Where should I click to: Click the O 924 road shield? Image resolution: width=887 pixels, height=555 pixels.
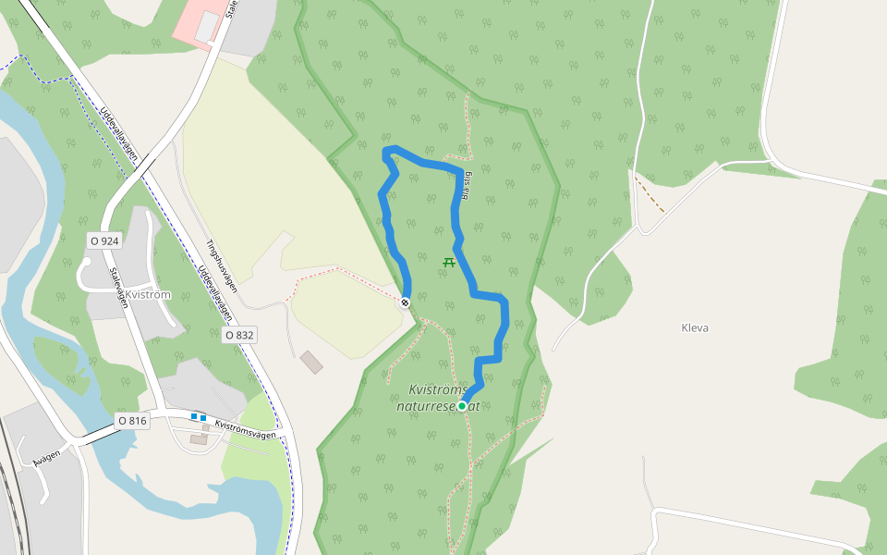tap(104, 240)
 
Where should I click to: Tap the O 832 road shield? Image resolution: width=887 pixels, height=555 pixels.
tap(238, 335)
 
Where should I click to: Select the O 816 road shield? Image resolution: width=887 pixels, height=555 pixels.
tap(132, 421)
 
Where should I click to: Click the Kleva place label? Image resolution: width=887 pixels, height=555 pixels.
tap(695, 327)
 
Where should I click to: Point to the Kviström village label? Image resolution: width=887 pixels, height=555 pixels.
tap(148, 295)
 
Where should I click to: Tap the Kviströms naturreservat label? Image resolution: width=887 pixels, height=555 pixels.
tap(438, 398)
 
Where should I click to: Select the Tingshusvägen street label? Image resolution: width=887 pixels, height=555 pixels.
tap(222, 267)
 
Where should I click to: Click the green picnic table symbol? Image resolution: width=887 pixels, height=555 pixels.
tap(449, 262)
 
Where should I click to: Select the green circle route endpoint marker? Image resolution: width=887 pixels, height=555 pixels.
tap(462, 405)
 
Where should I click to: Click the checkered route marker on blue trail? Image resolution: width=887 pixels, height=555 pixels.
tap(405, 302)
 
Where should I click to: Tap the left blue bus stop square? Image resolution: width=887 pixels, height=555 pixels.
tap(194, 417)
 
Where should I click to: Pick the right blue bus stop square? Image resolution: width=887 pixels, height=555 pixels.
tap(203, 418)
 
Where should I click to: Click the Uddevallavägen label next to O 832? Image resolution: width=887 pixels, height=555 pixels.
tap(215, 294)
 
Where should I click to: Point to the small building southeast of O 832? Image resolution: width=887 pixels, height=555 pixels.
tap(311, 362)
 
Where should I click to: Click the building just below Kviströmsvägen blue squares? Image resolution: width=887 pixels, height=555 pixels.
tap(199, 439)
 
